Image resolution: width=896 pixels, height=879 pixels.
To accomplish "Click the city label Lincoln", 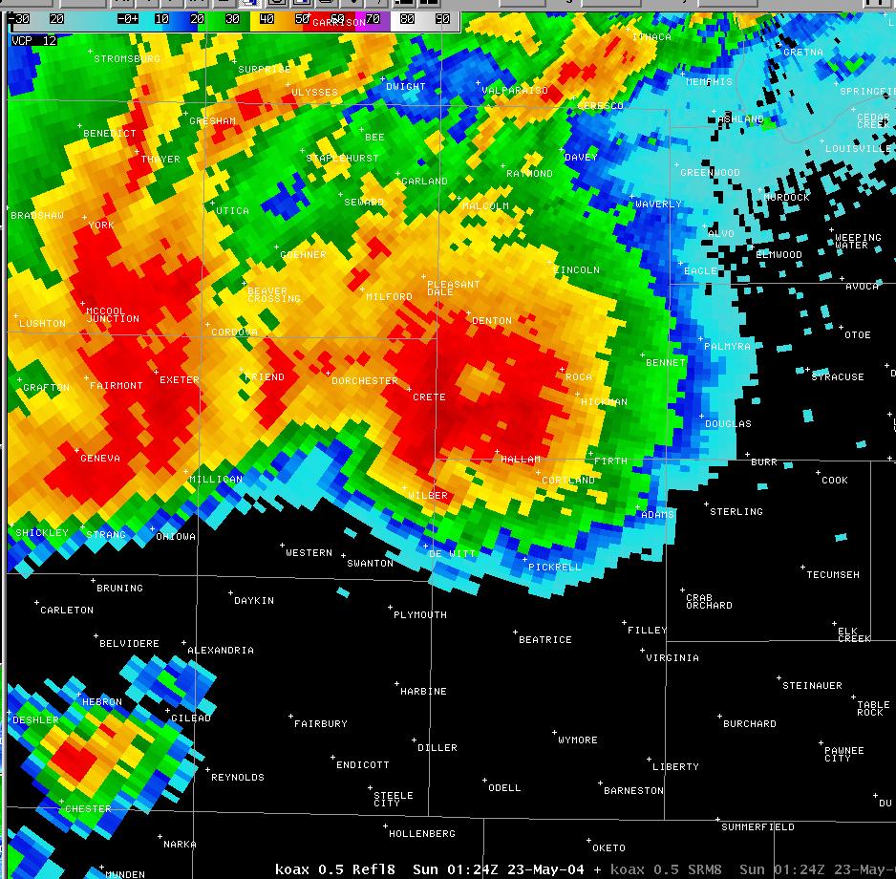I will point(577,270).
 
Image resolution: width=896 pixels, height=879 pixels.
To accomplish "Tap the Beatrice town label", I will point(544,640).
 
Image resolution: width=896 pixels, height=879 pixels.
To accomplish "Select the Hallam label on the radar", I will point(521,460).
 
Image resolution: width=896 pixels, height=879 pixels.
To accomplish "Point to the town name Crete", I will point(429,397).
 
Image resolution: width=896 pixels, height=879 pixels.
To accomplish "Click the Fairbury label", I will point(321,724).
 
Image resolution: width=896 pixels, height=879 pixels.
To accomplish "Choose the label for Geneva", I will point(100,459).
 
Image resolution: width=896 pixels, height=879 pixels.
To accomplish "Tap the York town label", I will point(100,225).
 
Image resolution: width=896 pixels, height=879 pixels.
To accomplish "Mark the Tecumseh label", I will point(832,575).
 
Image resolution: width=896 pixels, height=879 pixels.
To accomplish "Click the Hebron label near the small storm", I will point(102,702).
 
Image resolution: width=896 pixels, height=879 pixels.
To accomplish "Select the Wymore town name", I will point(577,740).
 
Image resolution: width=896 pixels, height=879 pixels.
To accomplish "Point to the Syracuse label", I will point(837,377).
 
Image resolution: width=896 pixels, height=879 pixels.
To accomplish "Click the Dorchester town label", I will point(364,381).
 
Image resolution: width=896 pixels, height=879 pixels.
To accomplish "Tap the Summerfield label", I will point(757,826).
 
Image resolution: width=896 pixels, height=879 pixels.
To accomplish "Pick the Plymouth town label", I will point(420,615).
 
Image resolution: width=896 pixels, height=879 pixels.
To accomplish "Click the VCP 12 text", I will point(34,41).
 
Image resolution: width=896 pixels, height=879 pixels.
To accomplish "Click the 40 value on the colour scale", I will point(267,18).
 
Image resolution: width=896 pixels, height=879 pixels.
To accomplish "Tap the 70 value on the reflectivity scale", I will point(372,18).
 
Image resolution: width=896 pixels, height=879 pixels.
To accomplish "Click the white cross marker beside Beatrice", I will point(515,632).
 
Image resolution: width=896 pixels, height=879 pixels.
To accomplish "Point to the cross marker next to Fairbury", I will point(290,717).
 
